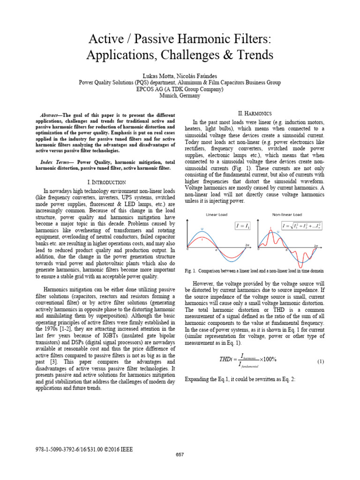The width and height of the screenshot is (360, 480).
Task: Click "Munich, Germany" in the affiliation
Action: pyautogui.click(x=180, y=96)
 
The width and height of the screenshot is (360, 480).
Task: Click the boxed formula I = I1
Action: pyautogui.click(x=242, y=226)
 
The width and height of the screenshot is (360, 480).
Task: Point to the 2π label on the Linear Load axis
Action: pyautogui.click(x=247, y=245)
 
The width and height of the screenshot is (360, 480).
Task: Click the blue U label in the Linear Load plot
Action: pyautogui.click(x=202, y=229)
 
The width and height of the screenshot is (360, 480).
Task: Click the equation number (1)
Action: pyautogui.click(x=321, y=362)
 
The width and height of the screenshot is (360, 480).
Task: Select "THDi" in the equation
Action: pyautogui.click(x=226, y=360)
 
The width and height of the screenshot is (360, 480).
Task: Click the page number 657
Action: pyautogui.click(x=180, y=455)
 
